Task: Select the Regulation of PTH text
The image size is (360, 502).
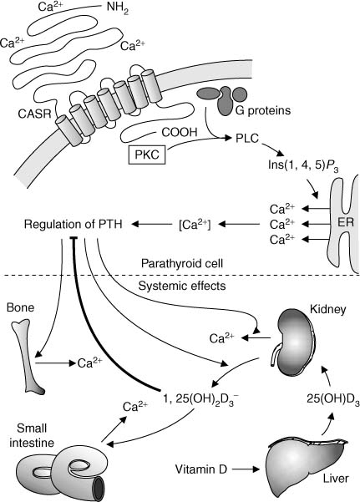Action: [x=66, y=224]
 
